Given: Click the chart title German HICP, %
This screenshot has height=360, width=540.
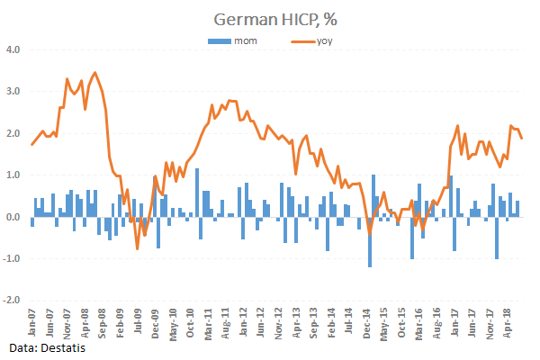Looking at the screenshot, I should click(x=269, y=19).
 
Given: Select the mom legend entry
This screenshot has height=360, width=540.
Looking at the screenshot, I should click(x=235, y=41).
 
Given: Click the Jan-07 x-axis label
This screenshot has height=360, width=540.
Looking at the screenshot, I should click(x=32, y=321).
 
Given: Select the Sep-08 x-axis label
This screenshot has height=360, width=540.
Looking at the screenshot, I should click(x=102, y=321).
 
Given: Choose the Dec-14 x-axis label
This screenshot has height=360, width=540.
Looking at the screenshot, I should click(x=368, y=321).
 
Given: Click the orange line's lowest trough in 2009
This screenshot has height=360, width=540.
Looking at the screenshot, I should click(x=137, y=248).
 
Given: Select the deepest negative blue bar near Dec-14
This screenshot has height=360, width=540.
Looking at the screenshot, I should click(x=369, y=242).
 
